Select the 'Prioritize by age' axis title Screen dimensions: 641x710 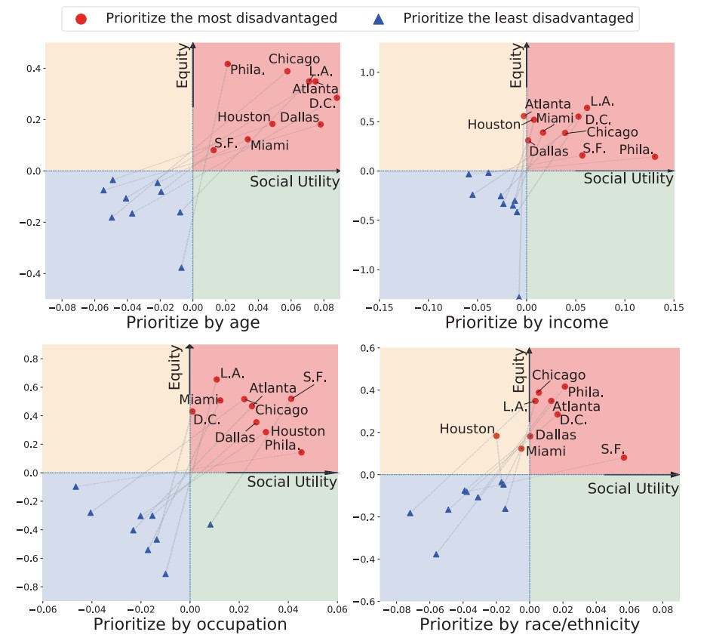(x=193, y=323)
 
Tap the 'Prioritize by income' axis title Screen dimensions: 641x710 (x=527, y=323)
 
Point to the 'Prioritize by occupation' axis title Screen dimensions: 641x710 (x=190, y=624)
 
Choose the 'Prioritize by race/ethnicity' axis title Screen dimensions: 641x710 (x=530, y=624)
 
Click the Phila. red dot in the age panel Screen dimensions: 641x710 (x=228, y=64)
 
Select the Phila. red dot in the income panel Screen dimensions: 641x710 (x=655, y=157)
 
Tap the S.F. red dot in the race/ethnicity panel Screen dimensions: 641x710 (x=624, y=458)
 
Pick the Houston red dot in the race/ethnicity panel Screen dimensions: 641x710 (x=496, y=436)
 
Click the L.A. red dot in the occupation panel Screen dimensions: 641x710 (x=217, y=380)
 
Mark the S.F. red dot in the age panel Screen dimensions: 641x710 (x=214, y=150)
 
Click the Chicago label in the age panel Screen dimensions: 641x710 (x=294, y=59)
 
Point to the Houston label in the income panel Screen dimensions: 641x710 (x=493, y=125)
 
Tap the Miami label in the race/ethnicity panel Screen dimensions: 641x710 (x=546, y=451)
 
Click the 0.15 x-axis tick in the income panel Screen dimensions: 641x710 (x=674, y=307)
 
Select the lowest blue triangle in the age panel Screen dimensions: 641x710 (x=182, y=267)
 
